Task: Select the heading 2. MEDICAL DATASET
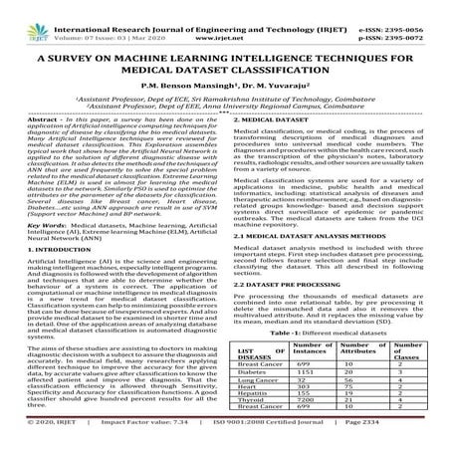(x=275, y=117)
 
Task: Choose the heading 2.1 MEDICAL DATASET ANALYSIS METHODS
(x=317, y=264)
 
